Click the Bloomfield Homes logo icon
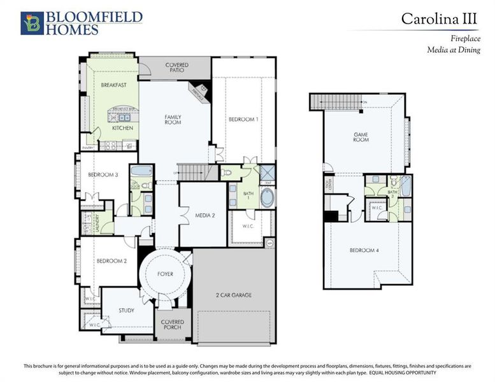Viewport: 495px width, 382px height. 31,22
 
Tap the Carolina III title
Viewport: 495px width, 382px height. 439,18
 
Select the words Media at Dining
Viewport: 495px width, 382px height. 454,50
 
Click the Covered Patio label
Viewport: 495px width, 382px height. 176,67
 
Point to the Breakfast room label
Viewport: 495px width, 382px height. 114,85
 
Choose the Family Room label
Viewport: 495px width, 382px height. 173,119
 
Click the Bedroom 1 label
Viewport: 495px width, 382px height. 243,119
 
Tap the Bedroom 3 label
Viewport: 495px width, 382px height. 103,175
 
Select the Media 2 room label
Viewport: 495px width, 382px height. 204,216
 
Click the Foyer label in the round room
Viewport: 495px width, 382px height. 165,274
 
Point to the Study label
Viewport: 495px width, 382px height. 126,311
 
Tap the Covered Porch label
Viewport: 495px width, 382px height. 172,325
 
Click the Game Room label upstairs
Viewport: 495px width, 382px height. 361,136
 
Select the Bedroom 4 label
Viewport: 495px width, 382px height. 364,250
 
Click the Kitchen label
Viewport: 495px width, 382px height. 122,128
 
